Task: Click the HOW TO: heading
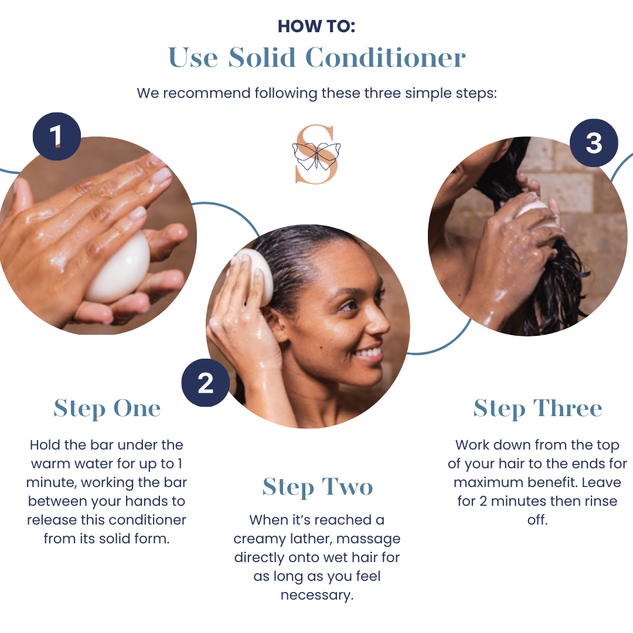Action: pos(316,26)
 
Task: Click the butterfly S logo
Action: pos(316,154)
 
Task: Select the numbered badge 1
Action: pos(56,136)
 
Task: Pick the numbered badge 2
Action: pos(206,383)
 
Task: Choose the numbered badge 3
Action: pos(594,142)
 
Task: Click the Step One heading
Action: pos(107,409)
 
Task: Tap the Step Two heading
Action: pos(317,487)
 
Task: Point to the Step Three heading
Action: pos(537,409)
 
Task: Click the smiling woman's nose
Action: pos(375,319)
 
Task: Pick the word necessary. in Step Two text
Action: pos(317,595)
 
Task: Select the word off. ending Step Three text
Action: pos(537,520)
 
